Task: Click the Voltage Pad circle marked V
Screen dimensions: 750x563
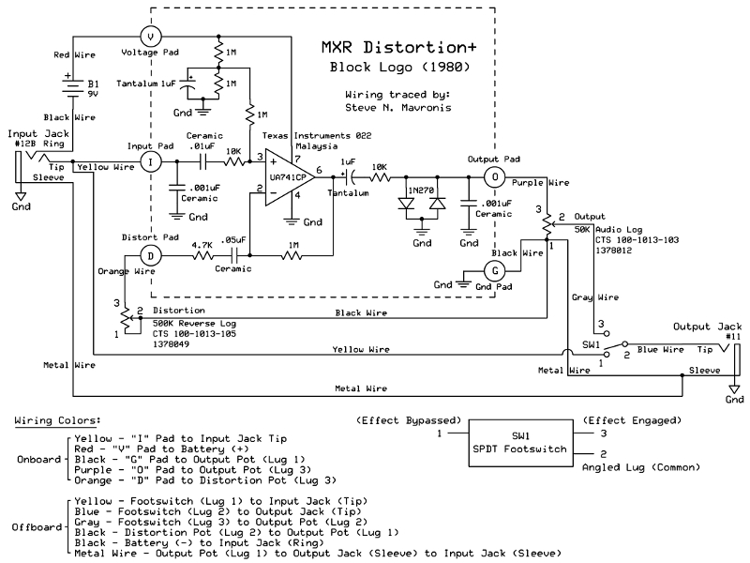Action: [151, 37]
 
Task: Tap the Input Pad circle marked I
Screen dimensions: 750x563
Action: [151, 162]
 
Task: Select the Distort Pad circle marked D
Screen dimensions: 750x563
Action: [151, 256]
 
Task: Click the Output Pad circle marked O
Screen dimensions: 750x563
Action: [495, 177]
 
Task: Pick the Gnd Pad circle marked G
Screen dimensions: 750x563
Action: [495, 271]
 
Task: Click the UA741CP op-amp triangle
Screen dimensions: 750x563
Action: [290, 177]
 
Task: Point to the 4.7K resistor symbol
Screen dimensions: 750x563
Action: [203, 256]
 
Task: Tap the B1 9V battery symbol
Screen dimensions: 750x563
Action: [73, 86]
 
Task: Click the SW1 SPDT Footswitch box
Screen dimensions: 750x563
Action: [520, 443]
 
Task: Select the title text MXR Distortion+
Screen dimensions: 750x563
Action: [399, 48]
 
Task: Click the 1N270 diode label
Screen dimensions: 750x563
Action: [421, 190]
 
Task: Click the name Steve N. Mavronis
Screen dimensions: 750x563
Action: [397, 108]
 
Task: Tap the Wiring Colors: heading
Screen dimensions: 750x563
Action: [57, 420]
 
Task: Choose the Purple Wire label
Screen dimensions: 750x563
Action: [541, 183]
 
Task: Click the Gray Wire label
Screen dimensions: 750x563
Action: [595, 297]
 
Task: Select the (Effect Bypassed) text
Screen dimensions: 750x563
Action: [409, 420]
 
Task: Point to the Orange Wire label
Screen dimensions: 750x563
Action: [127, 271]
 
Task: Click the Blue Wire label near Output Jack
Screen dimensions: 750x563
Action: [660, 350]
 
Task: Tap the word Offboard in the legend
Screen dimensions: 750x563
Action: [37, 527]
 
